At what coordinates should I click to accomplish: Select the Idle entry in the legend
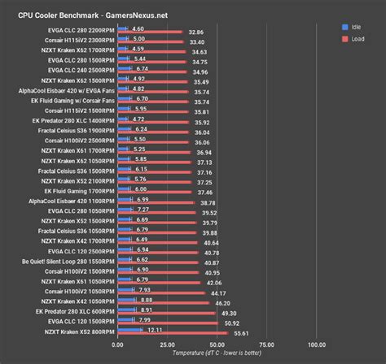[355, 26]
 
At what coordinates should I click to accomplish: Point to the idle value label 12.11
[156, 329]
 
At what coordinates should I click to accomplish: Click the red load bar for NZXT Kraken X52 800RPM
[179, 333]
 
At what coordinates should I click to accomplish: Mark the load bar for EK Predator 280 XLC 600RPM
[171, 314]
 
